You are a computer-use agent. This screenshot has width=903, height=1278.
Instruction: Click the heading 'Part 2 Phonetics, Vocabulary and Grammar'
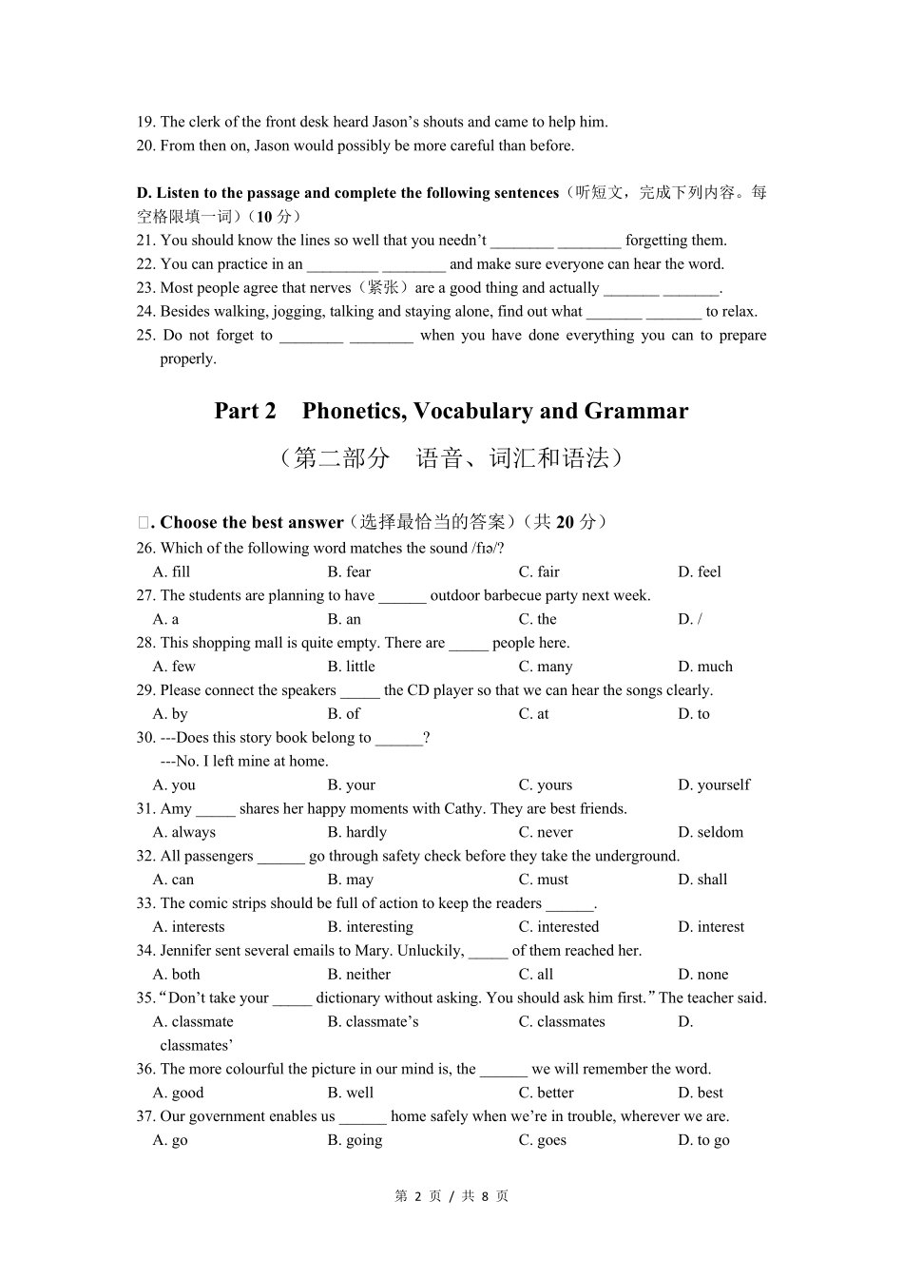451,411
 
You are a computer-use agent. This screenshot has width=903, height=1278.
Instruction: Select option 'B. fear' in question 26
349,571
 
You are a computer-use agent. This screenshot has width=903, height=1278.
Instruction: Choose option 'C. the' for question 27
537,619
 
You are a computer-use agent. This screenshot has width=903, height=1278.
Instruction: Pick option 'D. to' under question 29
693,714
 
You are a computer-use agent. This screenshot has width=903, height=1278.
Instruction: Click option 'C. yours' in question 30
545,785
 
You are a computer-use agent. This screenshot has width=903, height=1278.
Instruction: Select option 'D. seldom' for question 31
710,832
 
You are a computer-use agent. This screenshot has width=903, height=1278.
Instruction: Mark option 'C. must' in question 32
543,880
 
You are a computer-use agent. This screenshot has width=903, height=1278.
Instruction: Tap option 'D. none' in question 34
702,975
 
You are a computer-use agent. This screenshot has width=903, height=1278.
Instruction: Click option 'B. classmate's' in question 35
373,1022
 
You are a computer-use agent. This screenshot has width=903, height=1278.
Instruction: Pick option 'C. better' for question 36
546,1094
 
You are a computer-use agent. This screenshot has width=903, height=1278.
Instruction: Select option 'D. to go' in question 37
703,1140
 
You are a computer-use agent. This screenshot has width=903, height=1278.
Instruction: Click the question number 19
145,122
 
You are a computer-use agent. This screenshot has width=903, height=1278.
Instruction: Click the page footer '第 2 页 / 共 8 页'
451,1196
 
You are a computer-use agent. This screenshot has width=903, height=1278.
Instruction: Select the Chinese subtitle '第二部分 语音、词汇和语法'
451,458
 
